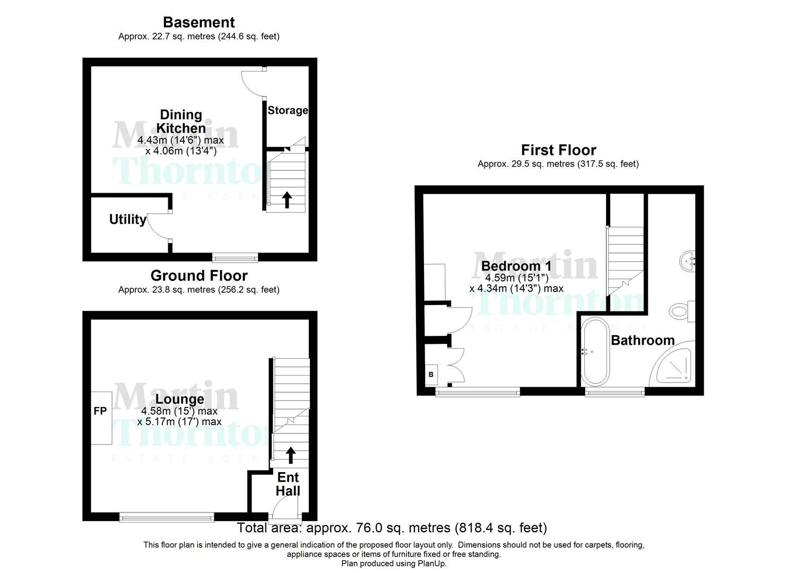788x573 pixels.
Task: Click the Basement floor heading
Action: (x=198, y=22)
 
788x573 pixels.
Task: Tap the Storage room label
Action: (x=288, y=110)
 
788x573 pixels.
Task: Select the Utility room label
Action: (x=127, y=219)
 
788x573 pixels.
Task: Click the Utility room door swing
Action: (x=158, y=227)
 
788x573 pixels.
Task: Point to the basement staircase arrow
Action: (x=287, y=199)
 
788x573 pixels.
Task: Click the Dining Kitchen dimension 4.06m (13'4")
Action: (x=180, y=151)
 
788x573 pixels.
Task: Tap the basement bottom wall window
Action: (x=235, y=258)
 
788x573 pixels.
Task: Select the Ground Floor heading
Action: (x=198, y=276)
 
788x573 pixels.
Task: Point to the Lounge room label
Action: (x=180, y=399)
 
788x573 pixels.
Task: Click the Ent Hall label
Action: (x=288, y=484)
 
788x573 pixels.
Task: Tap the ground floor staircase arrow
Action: (x=291, y=455)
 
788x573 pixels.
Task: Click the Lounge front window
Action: (x=167, y=517)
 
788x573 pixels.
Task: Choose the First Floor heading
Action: (x=558, y=150)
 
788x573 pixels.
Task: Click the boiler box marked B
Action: (x=431, y=375)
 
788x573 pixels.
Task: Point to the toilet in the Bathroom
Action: (x=681, y=311)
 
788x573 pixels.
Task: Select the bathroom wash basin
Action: (x=688, y=261)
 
